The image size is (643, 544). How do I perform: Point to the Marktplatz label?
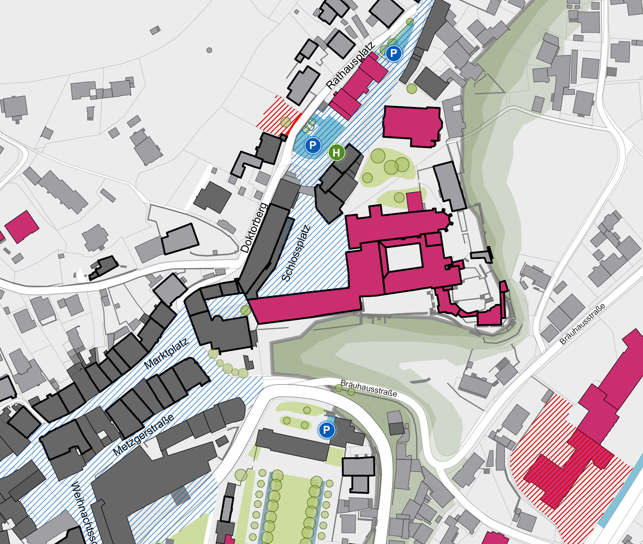click(x=167, y=353)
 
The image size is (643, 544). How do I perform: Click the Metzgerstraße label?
click(x=143, y=435)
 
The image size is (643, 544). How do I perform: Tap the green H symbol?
click(x=336, y=152)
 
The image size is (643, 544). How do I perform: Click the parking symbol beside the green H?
click(x=312, y=146)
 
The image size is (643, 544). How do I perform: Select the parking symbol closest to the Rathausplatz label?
click(x=393, y=54)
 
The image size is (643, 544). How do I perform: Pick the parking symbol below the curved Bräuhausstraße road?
click(x=327, y=430)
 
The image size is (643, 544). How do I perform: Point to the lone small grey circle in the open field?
click(x=209, y=50)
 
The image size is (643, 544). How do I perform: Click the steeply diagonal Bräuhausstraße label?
click(x=582, y=323)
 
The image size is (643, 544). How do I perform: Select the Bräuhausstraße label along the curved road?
click(x=368, y=388)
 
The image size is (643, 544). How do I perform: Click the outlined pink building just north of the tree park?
click(x=412, y=126)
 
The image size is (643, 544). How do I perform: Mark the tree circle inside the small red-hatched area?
click(x=286, y=122)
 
